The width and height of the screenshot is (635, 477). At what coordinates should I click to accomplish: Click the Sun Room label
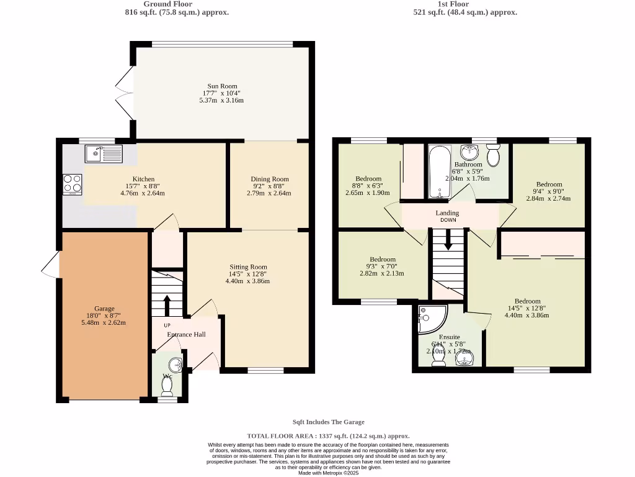222,86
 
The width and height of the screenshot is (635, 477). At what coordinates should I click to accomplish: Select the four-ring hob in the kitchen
73,183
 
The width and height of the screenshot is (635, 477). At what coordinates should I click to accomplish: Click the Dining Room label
270,179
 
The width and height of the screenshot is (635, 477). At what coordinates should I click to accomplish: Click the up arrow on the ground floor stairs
166,305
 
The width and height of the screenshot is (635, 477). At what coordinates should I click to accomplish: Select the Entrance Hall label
186,335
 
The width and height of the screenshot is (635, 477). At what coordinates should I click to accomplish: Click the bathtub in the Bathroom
440,172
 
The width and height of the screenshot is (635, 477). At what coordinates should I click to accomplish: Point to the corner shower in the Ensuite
431,319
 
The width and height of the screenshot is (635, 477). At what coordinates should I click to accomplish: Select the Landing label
448,213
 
